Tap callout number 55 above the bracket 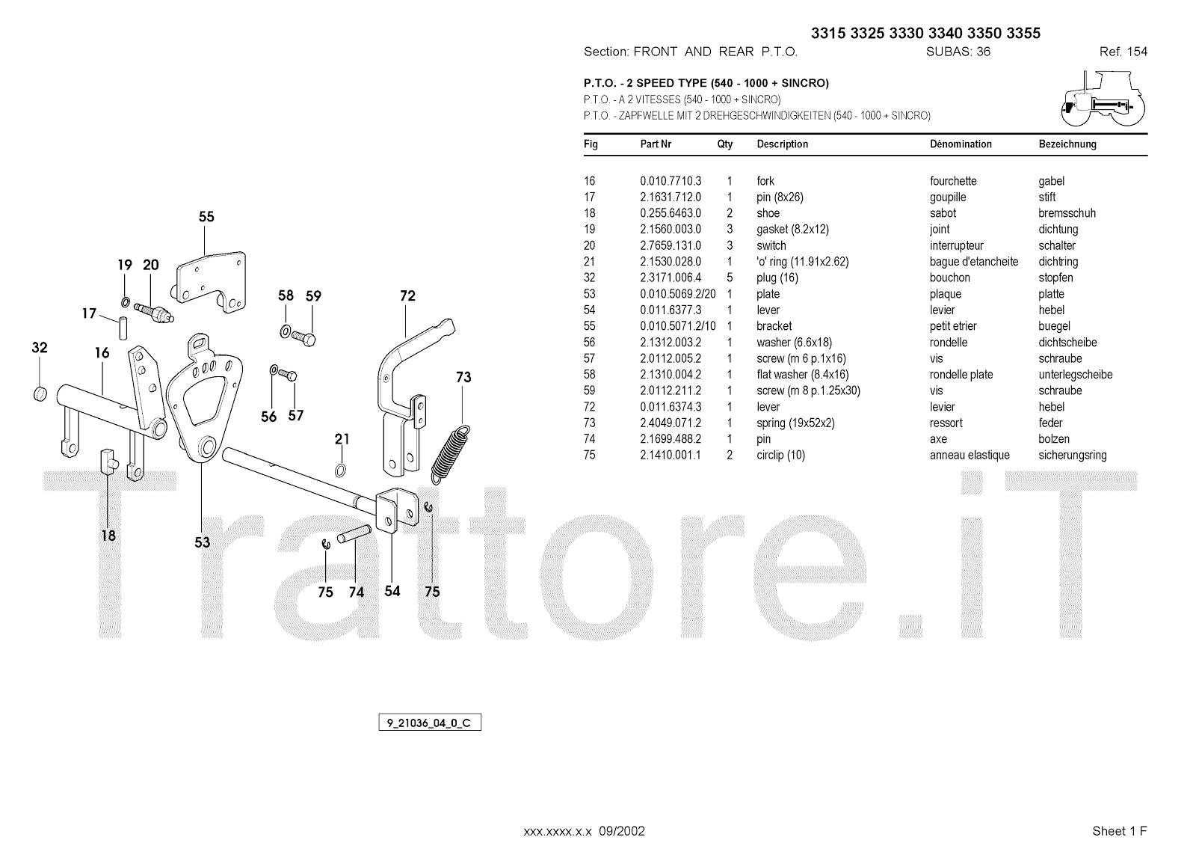tap(206, 217)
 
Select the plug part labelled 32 tap(41, 393)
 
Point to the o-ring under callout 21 tap(341, 470)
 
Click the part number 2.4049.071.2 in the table tap(671, 423)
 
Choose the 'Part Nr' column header tap(656, 144)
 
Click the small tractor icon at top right tap(1103, 99)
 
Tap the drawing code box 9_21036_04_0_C tap(429, 723)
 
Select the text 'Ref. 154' tap(1123, 52)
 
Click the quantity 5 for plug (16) tap(730, 278)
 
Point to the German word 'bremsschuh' tap(1067, 213)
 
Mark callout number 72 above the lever tap(407, 296)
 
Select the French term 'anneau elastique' tap(970, 456)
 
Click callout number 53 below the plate tap(203, 543)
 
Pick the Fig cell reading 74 tap(590, 439)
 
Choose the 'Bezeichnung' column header tap(1067, 144)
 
